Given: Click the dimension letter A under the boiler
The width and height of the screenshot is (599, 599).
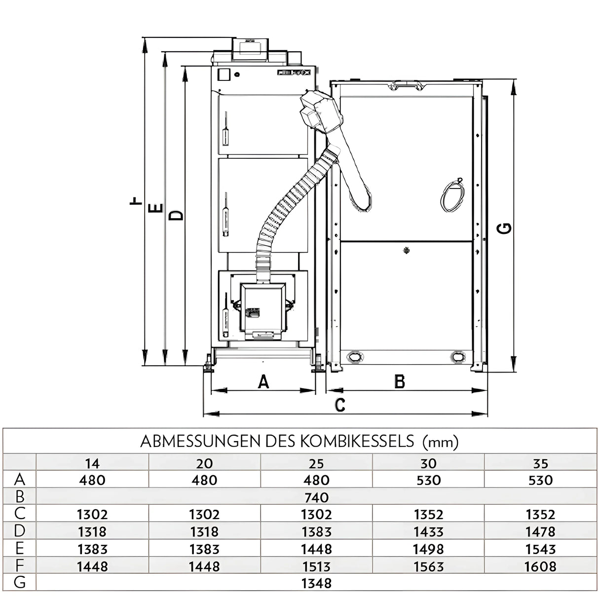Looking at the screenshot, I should (263, 381).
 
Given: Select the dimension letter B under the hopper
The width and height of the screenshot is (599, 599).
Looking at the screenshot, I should (400, 381).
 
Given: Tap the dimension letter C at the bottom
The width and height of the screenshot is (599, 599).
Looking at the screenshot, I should (339, 405).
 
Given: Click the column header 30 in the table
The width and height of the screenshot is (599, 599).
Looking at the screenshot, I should (428, 463).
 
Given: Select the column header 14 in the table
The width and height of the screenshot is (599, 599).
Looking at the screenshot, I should (92, 463).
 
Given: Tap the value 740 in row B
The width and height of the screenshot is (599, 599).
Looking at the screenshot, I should (316, 497).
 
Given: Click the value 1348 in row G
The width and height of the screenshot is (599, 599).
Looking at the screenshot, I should (316, 583).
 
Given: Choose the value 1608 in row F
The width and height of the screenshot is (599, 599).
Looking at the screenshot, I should (540, 566).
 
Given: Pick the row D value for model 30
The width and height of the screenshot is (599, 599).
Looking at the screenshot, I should (428, 532).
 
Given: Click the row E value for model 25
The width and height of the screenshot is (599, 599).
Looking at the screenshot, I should (316, 549).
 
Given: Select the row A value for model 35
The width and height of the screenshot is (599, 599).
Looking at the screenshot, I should (540, 480).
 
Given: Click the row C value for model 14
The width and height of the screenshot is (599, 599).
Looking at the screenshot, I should (92, 515).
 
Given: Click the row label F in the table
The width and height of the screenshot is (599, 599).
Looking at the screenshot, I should (20, 566).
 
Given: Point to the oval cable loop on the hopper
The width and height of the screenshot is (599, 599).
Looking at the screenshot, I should (452, 196).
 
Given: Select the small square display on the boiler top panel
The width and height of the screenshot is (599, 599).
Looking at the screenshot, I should (224, 75).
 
